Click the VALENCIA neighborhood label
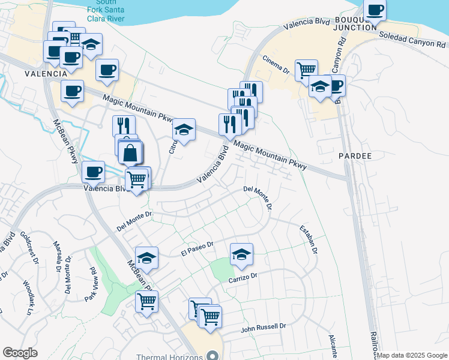pos(45,73)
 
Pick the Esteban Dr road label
pos(309,239)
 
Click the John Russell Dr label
pos(264,328)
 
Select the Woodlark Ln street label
pos(28,297)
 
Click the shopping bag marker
pos(130,153)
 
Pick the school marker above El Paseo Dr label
pos(146,258)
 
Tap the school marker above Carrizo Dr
pos(242,254)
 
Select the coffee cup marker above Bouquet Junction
pos(375,10)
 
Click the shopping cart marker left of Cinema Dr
pos(306,70)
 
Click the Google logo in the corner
pos(20,353)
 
